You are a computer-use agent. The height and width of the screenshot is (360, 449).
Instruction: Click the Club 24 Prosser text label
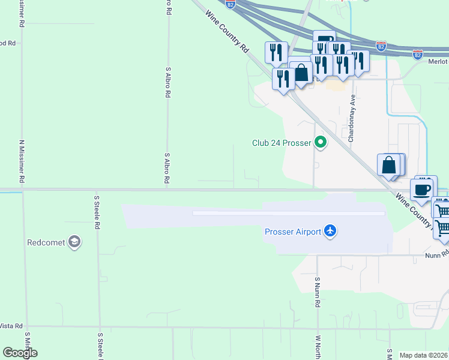(281, 143)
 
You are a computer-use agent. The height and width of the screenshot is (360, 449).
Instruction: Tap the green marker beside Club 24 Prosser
(321, 143)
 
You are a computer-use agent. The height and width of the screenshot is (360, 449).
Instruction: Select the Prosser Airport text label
(292, 232)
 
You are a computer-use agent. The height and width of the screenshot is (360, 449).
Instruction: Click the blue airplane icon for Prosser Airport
(330, 231)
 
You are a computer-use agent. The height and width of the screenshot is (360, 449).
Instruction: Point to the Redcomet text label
(46, 243)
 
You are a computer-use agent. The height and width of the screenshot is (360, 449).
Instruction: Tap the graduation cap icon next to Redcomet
(74, 242)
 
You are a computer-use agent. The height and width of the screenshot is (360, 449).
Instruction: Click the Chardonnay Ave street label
(352, 118)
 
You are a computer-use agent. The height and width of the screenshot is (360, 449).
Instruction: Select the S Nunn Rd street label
(316, 292)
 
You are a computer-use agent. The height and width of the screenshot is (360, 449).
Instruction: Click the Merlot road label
(438, 62)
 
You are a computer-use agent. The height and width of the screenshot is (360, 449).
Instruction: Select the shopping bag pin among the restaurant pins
(301, 73)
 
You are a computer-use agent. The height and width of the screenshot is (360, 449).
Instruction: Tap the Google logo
(20, 353)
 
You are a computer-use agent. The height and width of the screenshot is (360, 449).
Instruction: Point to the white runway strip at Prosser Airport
(288, 213)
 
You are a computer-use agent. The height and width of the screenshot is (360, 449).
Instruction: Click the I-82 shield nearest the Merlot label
(418, 55)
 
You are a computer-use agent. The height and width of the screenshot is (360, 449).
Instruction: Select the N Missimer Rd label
(22, 161)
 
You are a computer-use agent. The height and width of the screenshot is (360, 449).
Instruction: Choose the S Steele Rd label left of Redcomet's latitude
(96, 212)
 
